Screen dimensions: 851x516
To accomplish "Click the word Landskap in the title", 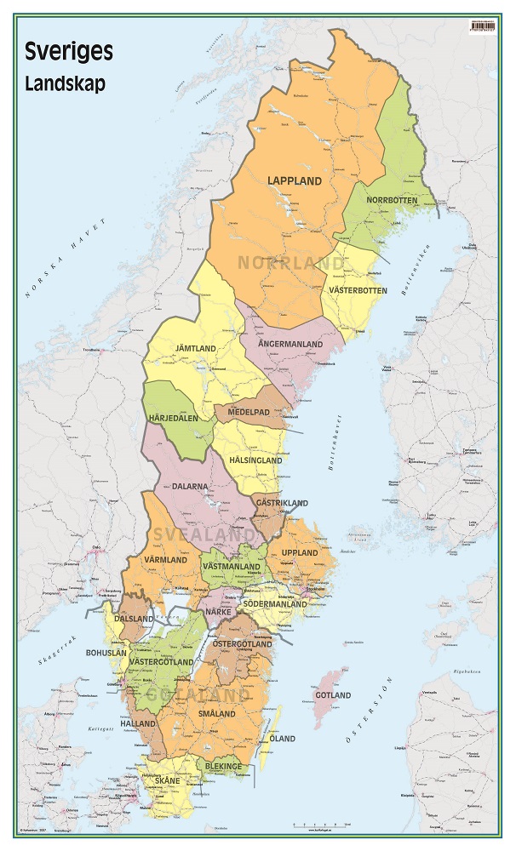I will [x=66, y=84].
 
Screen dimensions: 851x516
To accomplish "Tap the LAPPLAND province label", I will [x=295, y=181].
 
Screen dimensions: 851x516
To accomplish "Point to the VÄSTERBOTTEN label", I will [x=358, y=291].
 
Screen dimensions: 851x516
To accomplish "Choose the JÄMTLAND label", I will [x=196, y=349].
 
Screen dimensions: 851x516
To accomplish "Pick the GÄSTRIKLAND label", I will [x=281, y=504].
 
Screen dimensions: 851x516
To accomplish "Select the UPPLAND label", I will [x=299, y=553].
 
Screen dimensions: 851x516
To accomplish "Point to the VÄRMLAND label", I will [x=166, y=560].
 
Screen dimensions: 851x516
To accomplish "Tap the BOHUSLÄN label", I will [x=130, y=654].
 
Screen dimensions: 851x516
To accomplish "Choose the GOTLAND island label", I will [x=333, y=695].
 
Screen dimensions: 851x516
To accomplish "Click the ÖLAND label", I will [x=283, y=739].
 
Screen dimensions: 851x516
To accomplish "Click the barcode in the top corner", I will [x=484, y=26].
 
